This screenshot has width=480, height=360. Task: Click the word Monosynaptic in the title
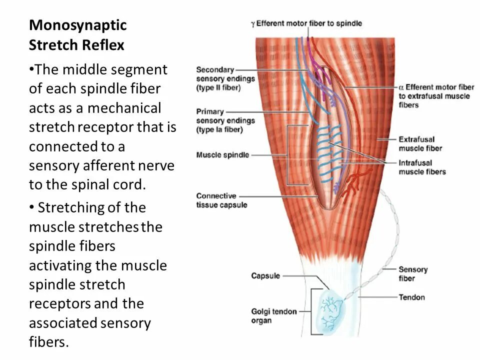tap(77, 25)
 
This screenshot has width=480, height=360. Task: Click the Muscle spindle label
tap(222, 155)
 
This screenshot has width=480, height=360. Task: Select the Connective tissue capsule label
tap(221, 200)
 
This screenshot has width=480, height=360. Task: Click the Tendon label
tap(411, 297)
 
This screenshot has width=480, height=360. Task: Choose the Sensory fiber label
tap(412, 274)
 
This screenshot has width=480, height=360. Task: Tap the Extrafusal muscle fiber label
tap(420, 143)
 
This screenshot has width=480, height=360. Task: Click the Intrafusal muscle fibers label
tap(422, 167)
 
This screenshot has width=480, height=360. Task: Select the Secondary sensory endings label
tap(225, 79)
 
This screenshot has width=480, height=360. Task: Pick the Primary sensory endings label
tap(225, 120)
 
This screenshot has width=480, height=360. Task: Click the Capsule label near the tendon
tap(265, 276)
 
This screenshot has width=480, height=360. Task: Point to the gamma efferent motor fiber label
tap(306, 23)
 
